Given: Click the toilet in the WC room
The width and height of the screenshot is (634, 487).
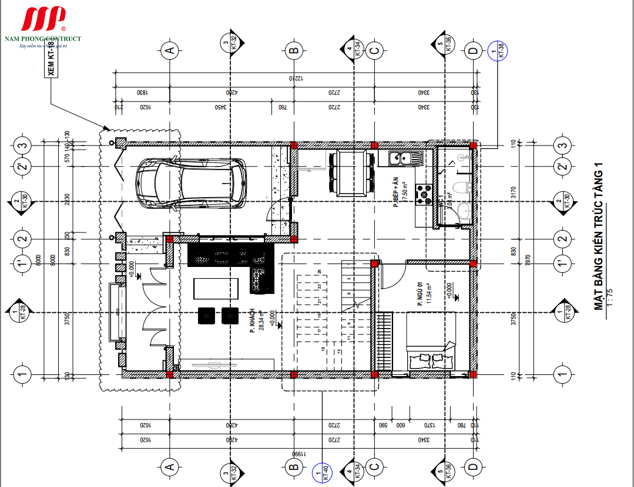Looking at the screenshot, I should (463, 189).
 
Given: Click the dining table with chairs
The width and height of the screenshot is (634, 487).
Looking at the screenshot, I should (351, 173).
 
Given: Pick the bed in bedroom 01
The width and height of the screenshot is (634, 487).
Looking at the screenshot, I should (429, 340).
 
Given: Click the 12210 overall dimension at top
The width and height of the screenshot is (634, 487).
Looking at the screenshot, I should (294, 78).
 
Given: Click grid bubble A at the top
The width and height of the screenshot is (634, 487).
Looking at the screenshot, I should (170, 50).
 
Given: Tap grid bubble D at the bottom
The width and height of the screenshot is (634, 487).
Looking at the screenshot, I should (473, 466).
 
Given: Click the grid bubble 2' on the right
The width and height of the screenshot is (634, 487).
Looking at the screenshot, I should (563, 167).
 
